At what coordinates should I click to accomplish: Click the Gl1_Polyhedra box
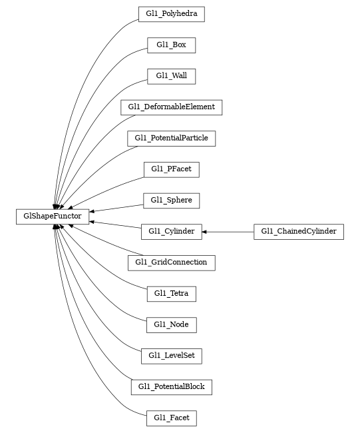[x=171, y=14]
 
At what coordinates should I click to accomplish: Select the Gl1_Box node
[x=171, y=45]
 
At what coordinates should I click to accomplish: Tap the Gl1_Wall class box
[x=171, y=76]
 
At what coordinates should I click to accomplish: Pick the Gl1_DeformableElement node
[x=171, y=107]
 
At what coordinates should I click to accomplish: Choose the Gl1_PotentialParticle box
[x=171, y=139]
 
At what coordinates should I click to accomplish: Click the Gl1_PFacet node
[x=171, y=169]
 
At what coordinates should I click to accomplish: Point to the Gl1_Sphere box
[x=171, y=200]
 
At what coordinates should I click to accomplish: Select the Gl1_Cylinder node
[x=171, y=232]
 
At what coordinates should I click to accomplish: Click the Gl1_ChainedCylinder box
[x=299, y=232]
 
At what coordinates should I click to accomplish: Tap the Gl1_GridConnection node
[x=171, y=262]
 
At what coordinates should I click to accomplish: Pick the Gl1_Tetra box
[x=171, y=293]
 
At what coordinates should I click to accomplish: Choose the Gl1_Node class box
[x=171, y=324]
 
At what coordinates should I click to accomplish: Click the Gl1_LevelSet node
[x=171, y=356]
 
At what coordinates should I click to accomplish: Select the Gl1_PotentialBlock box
[x=171, y=387]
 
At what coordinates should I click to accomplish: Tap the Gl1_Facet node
[x=171, y=418]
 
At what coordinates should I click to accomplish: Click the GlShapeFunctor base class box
[x=53, y=216]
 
